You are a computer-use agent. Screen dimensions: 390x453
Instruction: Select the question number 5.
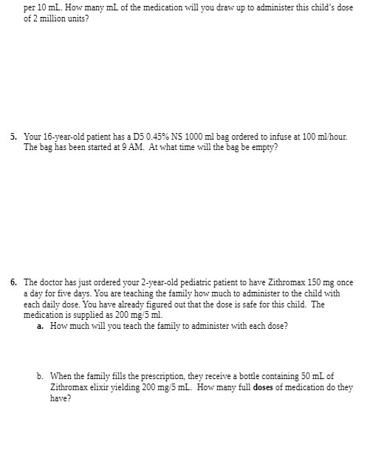tap(14, 137)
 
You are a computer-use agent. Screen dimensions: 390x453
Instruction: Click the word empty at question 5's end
tap(261, 147)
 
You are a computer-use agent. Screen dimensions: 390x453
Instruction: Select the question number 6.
tap(14, 283)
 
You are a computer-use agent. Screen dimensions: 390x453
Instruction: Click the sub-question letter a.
tap(40, 325)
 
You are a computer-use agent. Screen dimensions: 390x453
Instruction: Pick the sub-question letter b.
tap(40, 377)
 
